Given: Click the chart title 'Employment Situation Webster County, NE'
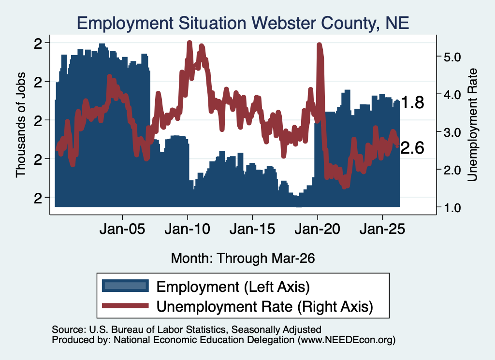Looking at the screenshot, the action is pos(243,23).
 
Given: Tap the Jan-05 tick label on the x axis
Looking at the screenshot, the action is pos(122,229).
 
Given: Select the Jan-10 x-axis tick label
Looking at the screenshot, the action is pos(188,229).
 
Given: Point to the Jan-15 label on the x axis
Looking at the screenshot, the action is pos(252,229).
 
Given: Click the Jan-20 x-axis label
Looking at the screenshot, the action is pos(318,229).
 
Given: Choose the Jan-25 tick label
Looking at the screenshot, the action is pos(382,229).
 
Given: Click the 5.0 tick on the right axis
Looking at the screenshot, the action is pos(452,57).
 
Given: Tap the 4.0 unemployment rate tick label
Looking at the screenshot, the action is pos(452,94).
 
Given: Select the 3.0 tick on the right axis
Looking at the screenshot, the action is pos(452,132).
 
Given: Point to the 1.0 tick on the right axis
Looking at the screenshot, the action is pos(452,208).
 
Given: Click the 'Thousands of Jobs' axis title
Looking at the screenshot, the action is pos(20,125).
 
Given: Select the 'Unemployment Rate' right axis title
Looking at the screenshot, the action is pos(472,125).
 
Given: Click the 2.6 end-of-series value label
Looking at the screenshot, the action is pos(412,148).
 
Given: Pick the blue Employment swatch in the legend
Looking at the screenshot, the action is pos(125,286).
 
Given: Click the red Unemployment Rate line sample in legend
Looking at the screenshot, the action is pos(125,305).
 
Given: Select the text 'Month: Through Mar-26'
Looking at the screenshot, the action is pos(243,258).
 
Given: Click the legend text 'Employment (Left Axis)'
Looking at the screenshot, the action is pos(233,287).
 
